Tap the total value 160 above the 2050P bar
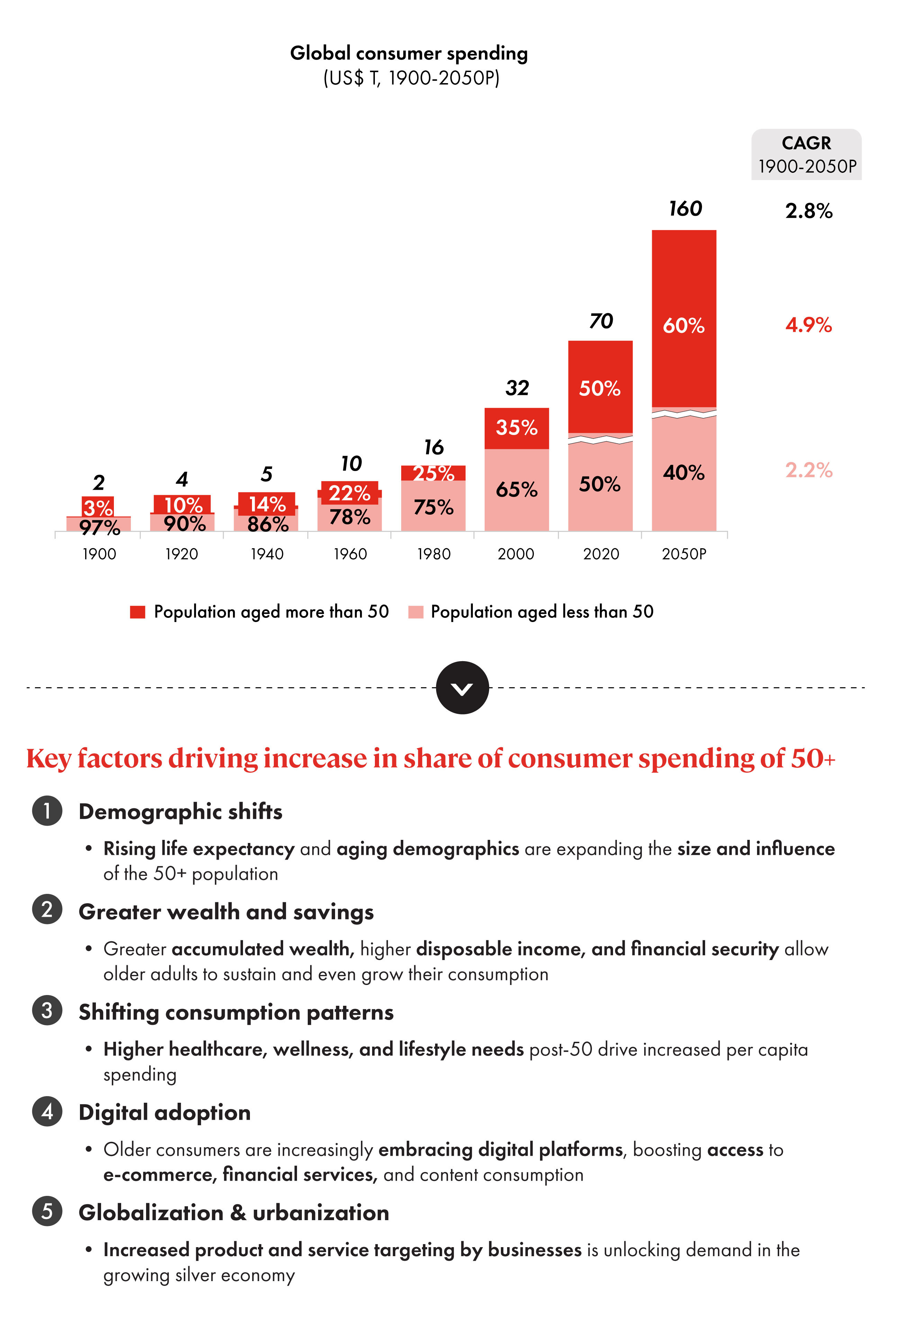[x=685, y=209]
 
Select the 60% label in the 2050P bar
[x=683, y=326]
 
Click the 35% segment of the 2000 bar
[x=516, y=427]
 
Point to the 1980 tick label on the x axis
[x=433, y=554]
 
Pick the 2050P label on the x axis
[x=683, y=554]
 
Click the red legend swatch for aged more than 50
[x=138, y=612]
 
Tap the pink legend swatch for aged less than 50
[x=416, y=612]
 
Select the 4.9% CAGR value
[x=808, y=325]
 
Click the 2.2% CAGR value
[x=808, y=470]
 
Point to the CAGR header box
[x=806, y=154]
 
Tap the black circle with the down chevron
[x=462, y=688]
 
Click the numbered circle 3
[x=47, y=1011]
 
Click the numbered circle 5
[x=47, y=1211]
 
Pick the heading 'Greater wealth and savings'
[x=226, y=912]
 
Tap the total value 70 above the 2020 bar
[x=601, y=321]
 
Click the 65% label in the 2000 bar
[x=516, y=490]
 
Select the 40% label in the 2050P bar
[x=683, y=472]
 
